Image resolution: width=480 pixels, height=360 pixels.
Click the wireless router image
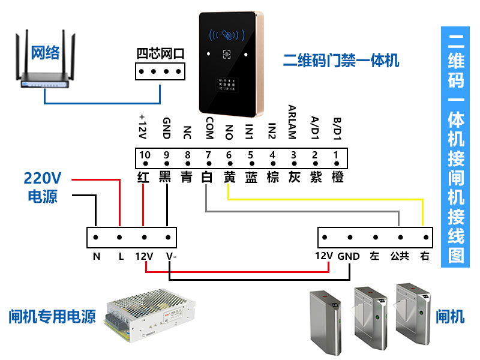point(45,66)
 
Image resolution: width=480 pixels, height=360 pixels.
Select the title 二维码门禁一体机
point(341,61)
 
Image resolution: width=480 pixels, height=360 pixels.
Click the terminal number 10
point(144,155)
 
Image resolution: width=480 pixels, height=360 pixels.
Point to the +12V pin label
point(143,127)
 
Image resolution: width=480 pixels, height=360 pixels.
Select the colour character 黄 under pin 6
point(229,177)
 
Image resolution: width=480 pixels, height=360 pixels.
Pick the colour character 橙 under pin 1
point(337,177)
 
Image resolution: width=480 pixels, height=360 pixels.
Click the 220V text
point(43,178)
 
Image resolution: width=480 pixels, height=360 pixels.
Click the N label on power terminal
point(96,256)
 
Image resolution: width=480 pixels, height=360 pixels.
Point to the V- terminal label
point(170,256)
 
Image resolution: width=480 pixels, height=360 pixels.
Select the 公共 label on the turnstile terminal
point(400,256)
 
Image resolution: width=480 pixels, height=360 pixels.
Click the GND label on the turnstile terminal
point(349,256)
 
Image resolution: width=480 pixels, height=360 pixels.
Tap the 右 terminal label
point(425,256)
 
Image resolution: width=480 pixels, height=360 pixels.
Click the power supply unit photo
point(151,316)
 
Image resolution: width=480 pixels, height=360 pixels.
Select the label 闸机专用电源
point(52,316)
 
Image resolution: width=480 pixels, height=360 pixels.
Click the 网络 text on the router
point(45,52)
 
